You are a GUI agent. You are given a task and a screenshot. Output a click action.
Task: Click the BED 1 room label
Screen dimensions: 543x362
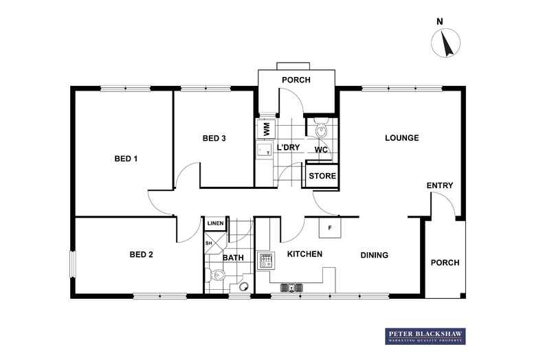click(x=126, y=159)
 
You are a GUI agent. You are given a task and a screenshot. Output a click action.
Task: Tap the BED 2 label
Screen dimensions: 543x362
click(x=142, y=254)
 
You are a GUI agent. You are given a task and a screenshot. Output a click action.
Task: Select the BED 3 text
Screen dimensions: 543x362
click(x=214, y=138)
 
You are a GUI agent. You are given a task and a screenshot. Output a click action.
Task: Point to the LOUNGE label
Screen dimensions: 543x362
click(x=401, y=138)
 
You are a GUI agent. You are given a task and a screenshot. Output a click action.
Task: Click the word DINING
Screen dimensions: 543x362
click(x=375, y=255)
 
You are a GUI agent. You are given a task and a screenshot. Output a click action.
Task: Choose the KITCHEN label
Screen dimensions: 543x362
click(x=304, y=254)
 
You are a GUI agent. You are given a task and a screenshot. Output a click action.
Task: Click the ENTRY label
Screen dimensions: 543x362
click(x=440, y=185)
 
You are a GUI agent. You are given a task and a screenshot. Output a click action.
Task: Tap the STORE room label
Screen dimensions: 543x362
click(x=322, y=176)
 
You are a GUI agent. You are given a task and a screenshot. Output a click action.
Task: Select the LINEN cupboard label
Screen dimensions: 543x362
click(x=215, y=223)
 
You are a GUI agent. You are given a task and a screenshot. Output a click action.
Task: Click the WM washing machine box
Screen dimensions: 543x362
click(x=266, y=128)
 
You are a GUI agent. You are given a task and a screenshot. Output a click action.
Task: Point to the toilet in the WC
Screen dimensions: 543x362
click(x=322, y=128)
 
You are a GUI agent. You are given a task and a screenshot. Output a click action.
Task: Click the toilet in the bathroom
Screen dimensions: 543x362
click(x=215, y=275)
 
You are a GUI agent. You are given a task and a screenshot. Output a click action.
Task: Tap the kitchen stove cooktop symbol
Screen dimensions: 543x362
click(x=266, y=260)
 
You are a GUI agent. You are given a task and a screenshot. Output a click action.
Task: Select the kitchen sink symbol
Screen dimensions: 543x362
click(x=291, y=287)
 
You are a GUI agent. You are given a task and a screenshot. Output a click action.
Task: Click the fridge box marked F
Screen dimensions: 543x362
click(x=330, y=227)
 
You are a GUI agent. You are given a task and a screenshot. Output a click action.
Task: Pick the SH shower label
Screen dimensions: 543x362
click(x=208, y=243)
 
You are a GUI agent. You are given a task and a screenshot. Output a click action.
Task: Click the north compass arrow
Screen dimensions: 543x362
click(x=446, y=43)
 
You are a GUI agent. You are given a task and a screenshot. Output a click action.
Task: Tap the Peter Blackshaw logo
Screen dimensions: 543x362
click(x=425, y=336)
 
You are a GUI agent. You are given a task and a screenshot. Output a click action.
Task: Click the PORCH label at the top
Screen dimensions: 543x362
click(x=296, y=80)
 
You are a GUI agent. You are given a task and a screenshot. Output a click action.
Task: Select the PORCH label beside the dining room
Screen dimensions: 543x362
click(x=445, y=262)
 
